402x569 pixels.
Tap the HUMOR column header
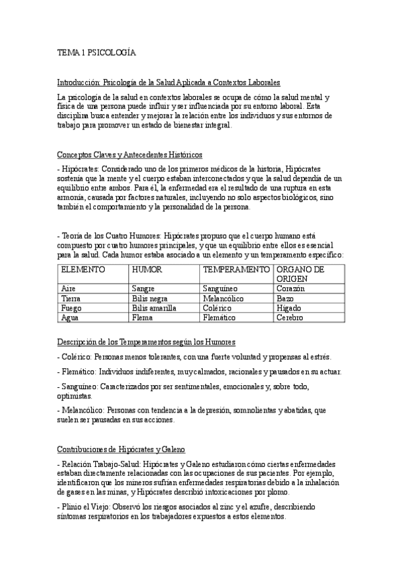148,269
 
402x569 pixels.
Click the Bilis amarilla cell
154,308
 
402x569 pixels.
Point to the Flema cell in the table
143,317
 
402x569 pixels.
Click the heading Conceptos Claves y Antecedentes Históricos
134,155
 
